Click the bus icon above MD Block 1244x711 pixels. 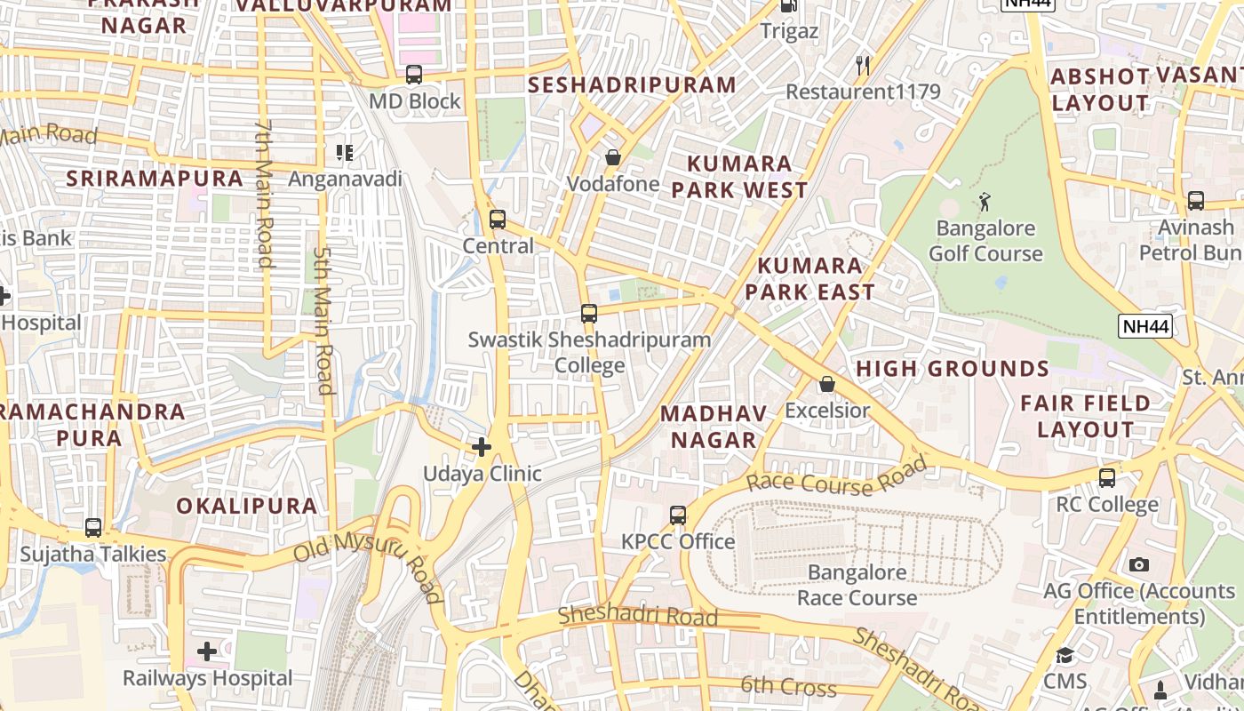click(x=414, y=75)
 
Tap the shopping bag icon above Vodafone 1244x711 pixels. click(x=613, y=158)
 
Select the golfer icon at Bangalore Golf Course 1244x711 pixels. click(x=985, y=202)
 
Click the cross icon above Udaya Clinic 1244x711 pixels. click(x=482, y=446)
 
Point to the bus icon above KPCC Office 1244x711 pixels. click(x=678, y=515)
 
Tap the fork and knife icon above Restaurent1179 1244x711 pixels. click(x=862, y=65)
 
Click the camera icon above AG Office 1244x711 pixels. click(x=1139, y=564)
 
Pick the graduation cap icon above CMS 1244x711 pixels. click(x=1065, y=656)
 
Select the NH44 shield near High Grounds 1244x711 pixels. click(x=1145, y=326)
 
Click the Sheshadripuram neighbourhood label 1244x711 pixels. click(x=632, y=85)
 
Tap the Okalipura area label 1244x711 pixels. click(x=246, y=506)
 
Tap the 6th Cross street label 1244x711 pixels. click(x=788, y=686)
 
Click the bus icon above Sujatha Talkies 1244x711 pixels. click(x=93, y=528)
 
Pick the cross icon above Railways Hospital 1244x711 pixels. click(x=207, y=651)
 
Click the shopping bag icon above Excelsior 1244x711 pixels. click(x=827, y=384)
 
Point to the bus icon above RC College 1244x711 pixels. click(x=1107, y=478)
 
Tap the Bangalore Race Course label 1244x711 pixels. click(x=857, y=585)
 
